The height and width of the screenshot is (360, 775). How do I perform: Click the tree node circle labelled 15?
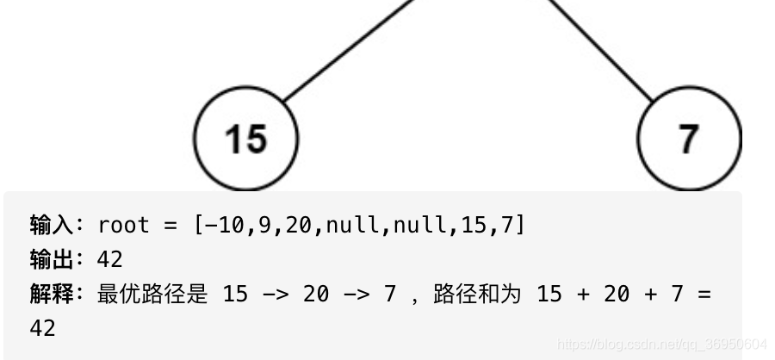245,138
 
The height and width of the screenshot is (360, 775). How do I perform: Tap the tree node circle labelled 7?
688,138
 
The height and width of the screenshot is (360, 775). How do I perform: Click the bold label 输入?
51,225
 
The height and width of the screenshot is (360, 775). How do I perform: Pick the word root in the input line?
124,225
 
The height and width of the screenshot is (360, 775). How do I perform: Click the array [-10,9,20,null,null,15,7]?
359,225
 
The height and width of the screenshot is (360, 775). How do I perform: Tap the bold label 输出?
51,259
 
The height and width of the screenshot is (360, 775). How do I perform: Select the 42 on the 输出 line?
110,259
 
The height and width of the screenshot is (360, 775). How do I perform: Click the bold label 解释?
51,294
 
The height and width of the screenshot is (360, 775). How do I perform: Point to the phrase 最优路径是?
152,294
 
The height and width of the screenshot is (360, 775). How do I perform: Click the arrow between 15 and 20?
275,294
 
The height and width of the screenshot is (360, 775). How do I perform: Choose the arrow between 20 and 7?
356,294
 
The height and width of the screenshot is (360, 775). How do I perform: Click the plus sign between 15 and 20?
584,294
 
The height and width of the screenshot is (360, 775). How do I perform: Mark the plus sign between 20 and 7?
651,294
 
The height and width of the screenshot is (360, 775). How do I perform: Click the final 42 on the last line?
42,328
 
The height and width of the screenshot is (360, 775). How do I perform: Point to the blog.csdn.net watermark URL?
661,343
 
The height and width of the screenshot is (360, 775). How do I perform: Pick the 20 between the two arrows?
316,294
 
